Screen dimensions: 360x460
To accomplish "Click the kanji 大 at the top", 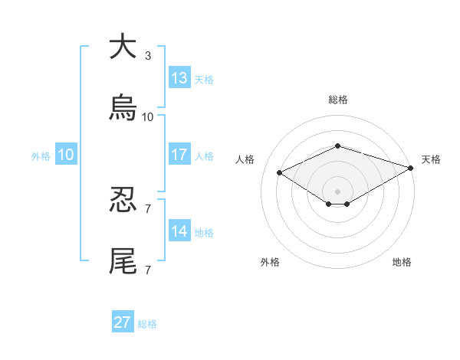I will (123, 47).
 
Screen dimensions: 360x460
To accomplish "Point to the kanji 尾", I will (123, 261).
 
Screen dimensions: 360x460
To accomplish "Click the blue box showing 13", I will (179, 78).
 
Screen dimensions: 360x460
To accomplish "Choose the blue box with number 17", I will (179, 155).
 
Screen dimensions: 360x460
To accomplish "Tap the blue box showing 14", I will (179, 231).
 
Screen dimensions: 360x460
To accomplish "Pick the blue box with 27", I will (123, 322).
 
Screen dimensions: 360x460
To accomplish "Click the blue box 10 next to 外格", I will (65, 155).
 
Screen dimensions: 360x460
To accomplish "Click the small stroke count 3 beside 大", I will (148, 56).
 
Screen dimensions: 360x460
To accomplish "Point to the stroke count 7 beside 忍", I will (148, 208).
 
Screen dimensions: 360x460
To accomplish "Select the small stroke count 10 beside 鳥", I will (148, 117).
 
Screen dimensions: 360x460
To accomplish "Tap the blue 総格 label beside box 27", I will (147, 324).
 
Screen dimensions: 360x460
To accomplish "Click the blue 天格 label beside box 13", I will (204, 80).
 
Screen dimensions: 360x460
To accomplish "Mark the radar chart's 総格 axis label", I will (338, 100).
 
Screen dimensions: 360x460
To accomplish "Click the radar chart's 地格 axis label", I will (402, 263).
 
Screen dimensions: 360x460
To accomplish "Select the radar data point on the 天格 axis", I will (411, 169).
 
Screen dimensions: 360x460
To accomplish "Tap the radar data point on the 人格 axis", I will (279, 172).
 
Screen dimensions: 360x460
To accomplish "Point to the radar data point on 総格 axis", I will (337, 146).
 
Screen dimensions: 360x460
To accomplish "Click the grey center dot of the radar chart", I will (337, 191).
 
